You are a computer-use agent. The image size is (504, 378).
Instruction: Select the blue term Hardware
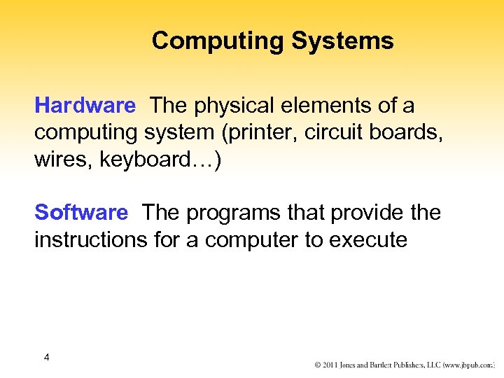click(x=85, y=106)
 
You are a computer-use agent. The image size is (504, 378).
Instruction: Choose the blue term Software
click(x=81, y=212)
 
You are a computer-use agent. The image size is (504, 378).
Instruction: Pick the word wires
click(x=64, y=160)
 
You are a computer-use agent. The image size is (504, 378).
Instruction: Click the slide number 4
click(x=46, y=358)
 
